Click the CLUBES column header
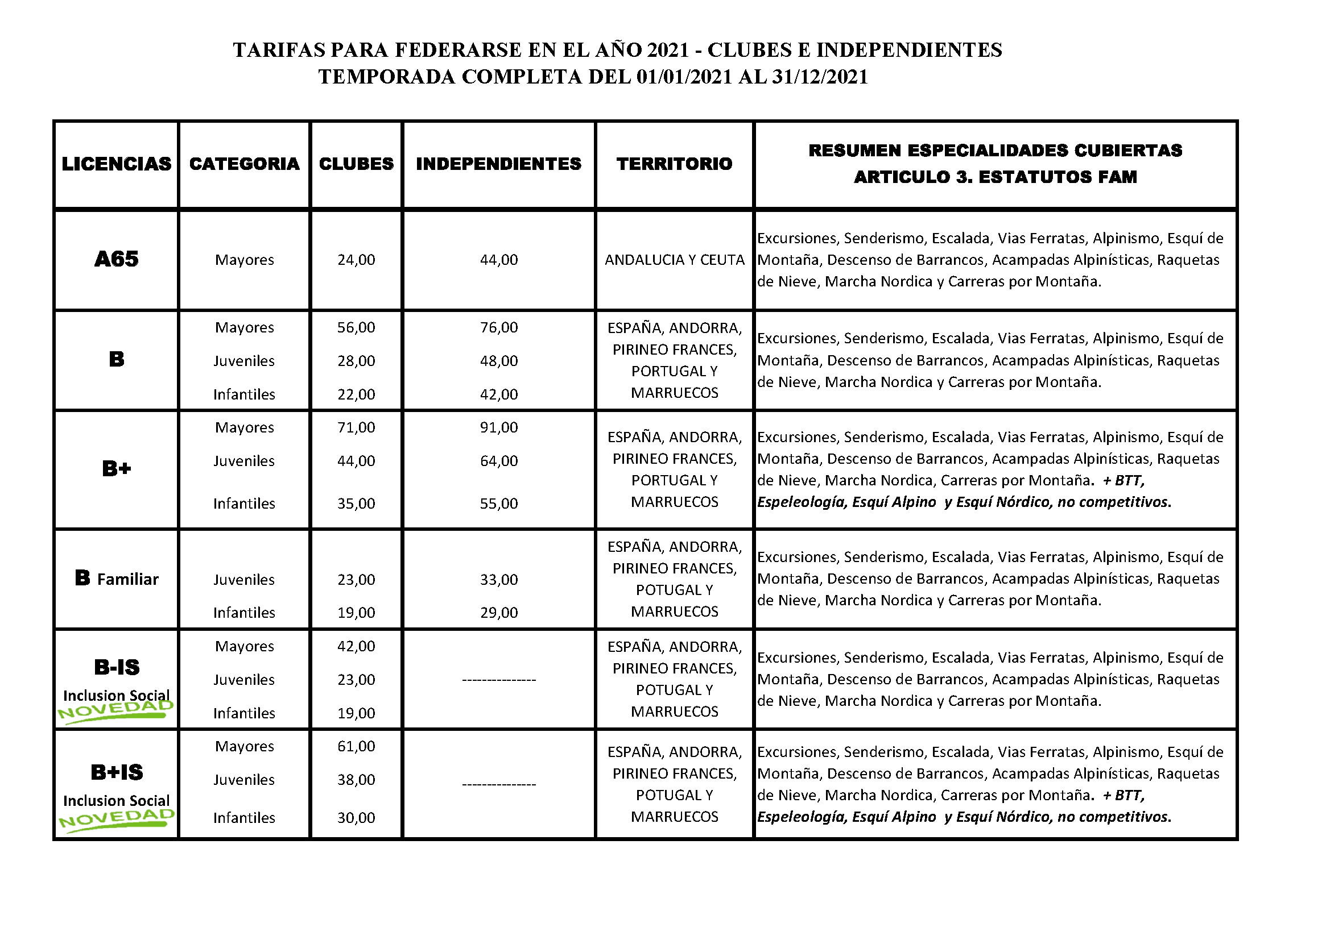(x=356, y=164)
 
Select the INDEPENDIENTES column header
(x=498, y=164)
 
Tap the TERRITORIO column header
(x=674, y=164)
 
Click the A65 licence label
(x=117, y=259)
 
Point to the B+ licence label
(x=117, y=468)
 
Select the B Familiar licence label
(x=117, y=578)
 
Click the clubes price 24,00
(x=356, y=260)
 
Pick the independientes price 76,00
(x=499, y=327)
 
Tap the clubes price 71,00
(x=356, y=428)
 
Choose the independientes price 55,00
(x=499, y=504)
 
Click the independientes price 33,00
(x=499, y=579)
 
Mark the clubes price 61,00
(x=356, y=746)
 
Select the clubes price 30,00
(x=356, y=818)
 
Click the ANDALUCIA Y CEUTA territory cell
(x=674, y=260)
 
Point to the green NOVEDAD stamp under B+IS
(x=117, y=819)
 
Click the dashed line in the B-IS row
(x=499, y=680)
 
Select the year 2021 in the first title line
(x=667, y=51)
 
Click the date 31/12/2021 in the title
(x=820, y=77)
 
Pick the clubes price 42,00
(x=356, y=646)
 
